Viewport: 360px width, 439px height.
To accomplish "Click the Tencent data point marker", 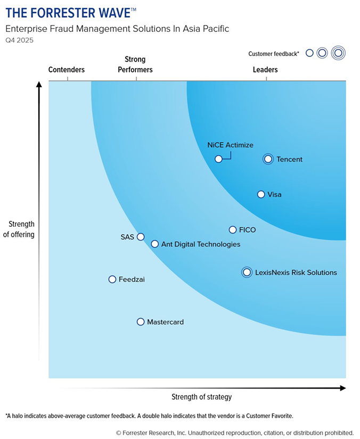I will click(268, 159).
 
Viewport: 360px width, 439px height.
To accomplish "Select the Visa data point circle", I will click(261, 195).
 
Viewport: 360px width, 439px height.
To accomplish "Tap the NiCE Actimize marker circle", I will click(218, 159).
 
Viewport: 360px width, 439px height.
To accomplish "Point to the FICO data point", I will click(233, 230).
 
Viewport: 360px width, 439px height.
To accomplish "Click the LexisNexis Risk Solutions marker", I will click(247, 272).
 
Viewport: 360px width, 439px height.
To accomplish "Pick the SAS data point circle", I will click(141, 237).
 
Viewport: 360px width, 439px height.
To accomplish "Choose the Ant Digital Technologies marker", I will click(155, 244).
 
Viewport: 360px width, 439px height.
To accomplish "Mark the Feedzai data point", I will click(112, 279).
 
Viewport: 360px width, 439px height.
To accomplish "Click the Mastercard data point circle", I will click(141, 322).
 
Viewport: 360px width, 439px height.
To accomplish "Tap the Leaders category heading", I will click(265, 70).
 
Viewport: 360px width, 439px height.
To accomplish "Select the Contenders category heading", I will click(67, 70).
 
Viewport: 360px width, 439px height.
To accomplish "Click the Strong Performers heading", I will click(135, 64).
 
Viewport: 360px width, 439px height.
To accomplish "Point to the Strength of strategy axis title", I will click(201, 397).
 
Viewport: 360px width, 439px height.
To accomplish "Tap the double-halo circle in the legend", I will click(338, 53).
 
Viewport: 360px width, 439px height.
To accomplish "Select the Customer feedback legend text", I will click(274, 54).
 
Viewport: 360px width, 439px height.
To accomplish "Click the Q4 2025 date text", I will click(19, 40).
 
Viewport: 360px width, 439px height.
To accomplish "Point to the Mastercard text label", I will click(165, 322).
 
